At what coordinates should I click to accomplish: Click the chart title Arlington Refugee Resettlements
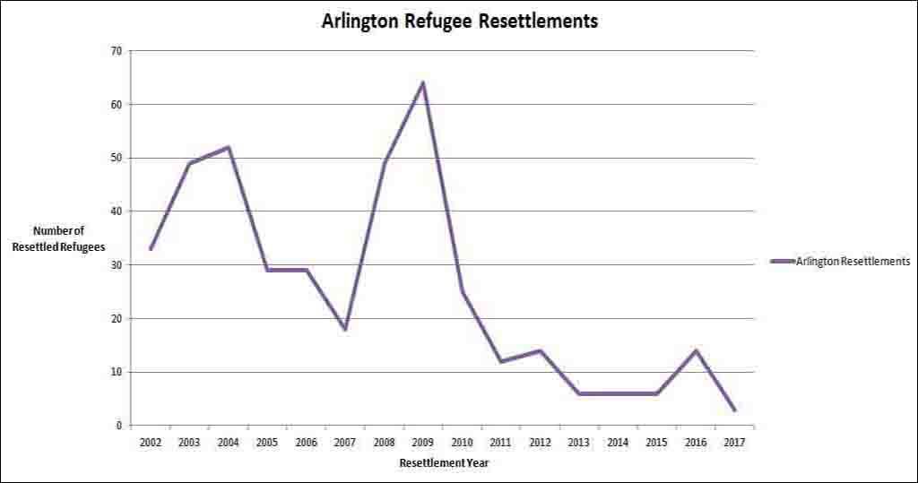tap(459, 21)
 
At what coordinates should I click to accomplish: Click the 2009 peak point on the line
tap(422, 82)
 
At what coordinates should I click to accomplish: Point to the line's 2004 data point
tap(229, 147)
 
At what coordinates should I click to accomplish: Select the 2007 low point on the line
tap(345, 329)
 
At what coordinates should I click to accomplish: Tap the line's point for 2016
tap(695, 350)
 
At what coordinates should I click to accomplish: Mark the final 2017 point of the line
tap(734, 410)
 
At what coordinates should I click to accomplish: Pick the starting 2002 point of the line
tap(151, 248)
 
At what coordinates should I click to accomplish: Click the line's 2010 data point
tap(462, 291)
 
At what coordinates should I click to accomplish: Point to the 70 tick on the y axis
tap(116, 51)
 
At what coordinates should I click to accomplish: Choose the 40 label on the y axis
tap(116, 211)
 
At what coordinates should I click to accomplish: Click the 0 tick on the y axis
tap(118, 426)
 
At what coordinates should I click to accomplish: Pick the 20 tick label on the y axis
tap(116, 319)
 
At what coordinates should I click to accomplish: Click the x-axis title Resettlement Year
tap(445, 463)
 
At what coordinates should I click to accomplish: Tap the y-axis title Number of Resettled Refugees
tap(58, 238)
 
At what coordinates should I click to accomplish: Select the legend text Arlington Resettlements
tap(853, 261)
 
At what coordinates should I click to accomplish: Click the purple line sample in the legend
tap(783, 261)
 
